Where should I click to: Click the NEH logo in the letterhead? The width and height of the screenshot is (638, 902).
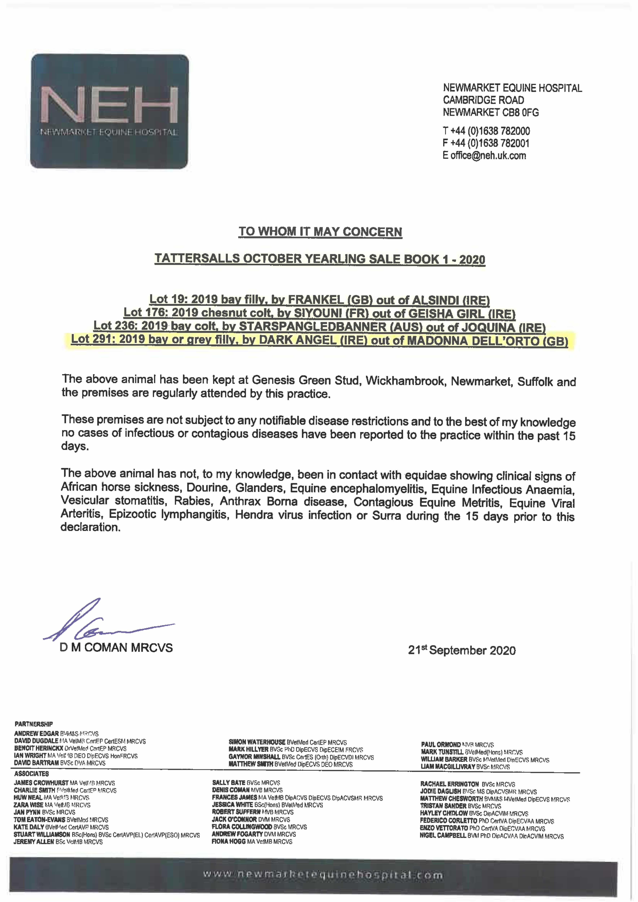click(110, 111)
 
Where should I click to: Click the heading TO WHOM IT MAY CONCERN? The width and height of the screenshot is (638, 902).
click(320, 232)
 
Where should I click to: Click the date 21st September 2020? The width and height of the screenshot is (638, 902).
click(462, 650)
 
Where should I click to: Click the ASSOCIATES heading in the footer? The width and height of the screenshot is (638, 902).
click(31, 774)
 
